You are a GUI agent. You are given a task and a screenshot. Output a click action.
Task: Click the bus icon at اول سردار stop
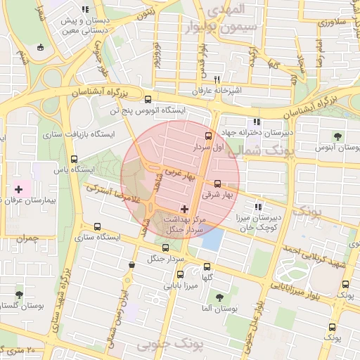207,136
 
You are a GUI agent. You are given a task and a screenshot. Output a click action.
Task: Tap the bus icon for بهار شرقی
217,184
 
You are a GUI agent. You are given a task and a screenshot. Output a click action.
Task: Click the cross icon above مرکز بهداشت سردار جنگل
185,208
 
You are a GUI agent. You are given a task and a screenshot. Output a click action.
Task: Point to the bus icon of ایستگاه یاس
75,159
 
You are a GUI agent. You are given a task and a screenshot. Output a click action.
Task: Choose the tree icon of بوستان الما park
219,297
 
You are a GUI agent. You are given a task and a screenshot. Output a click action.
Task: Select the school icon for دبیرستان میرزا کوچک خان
259,207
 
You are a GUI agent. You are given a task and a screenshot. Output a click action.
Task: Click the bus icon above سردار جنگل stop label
165,247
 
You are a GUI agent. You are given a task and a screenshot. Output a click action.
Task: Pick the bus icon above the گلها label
207,266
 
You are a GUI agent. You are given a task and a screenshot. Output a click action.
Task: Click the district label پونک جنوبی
169,345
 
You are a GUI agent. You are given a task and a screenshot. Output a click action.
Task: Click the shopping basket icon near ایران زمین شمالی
132,264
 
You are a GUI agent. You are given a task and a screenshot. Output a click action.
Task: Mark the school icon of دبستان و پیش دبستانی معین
85,10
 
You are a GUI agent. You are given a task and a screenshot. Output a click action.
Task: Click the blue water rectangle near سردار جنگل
212,240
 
